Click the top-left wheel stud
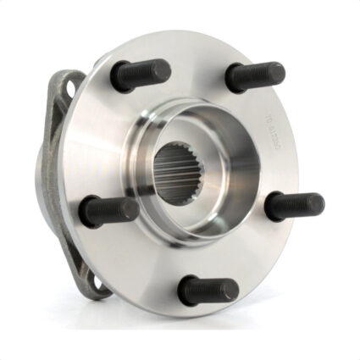[x=140, y=75]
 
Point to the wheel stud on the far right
[x=293, y=206]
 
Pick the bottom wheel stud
[x=207, y=291]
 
